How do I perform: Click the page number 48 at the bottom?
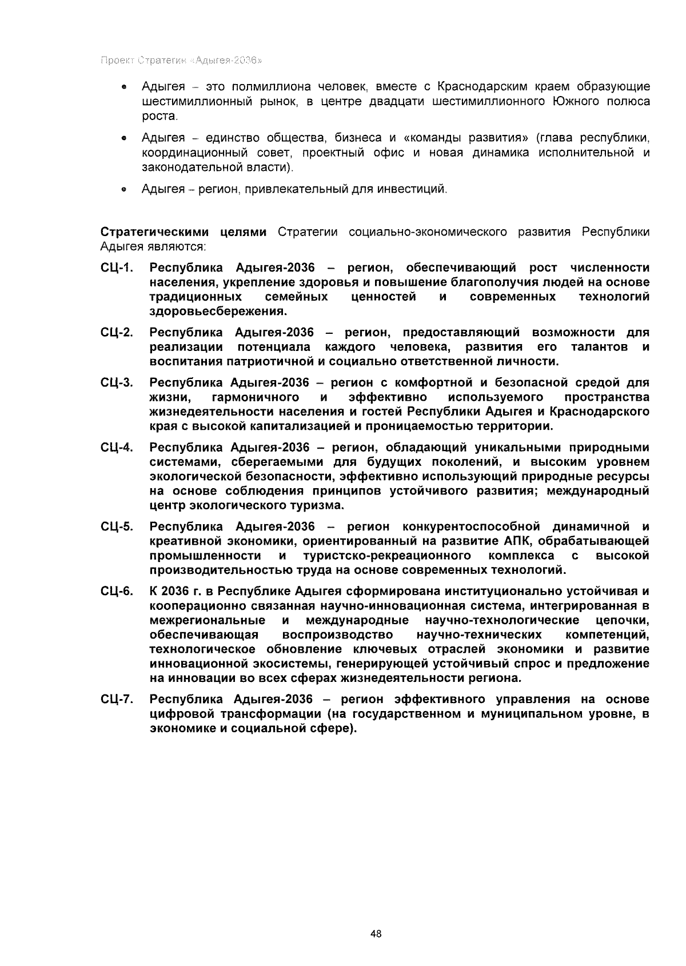click(x=376, y=934)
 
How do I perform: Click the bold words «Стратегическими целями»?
click(x=184, y=231)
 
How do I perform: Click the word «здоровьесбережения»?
click(x=217, y=312)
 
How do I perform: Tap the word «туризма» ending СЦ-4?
click(x=324, y=505)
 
